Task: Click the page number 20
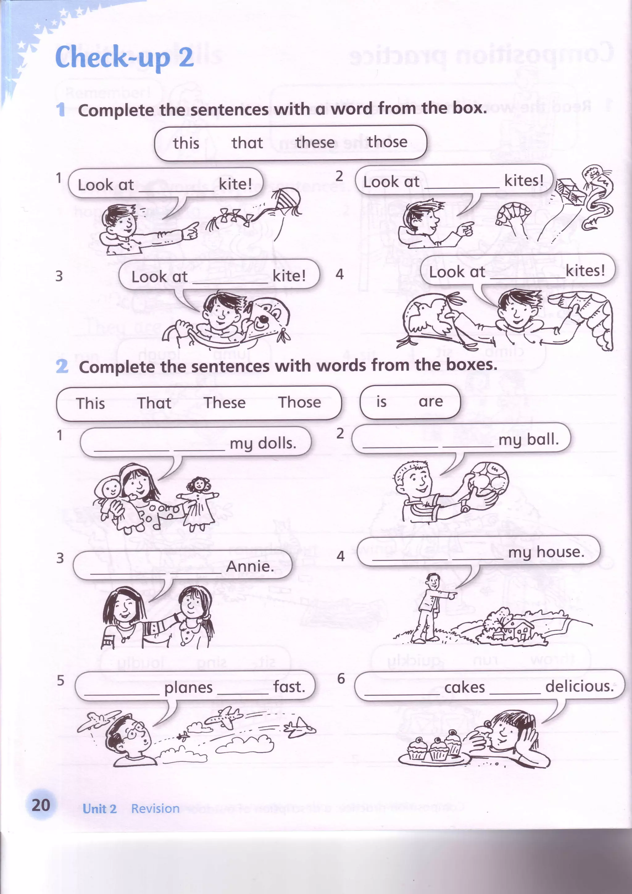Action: coord(41,805)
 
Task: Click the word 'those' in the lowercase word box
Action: coord(387,142)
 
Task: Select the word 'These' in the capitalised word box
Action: coord(225,403)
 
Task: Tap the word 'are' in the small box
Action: coord(431,401)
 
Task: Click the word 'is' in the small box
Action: coord(381,401)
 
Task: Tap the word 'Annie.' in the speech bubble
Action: coord(250,566)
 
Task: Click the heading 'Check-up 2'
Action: coord(125,57)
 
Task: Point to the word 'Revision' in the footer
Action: coord(155,809)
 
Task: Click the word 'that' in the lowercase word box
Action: coord(247,143)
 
